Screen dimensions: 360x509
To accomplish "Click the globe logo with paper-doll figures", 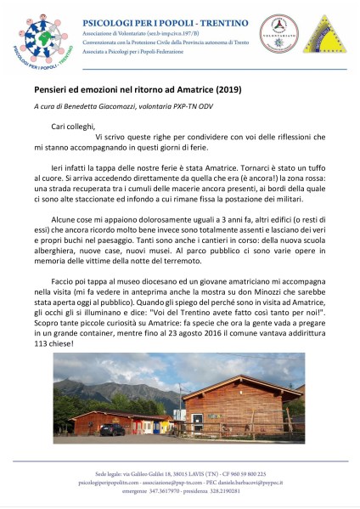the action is coord(39,39).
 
